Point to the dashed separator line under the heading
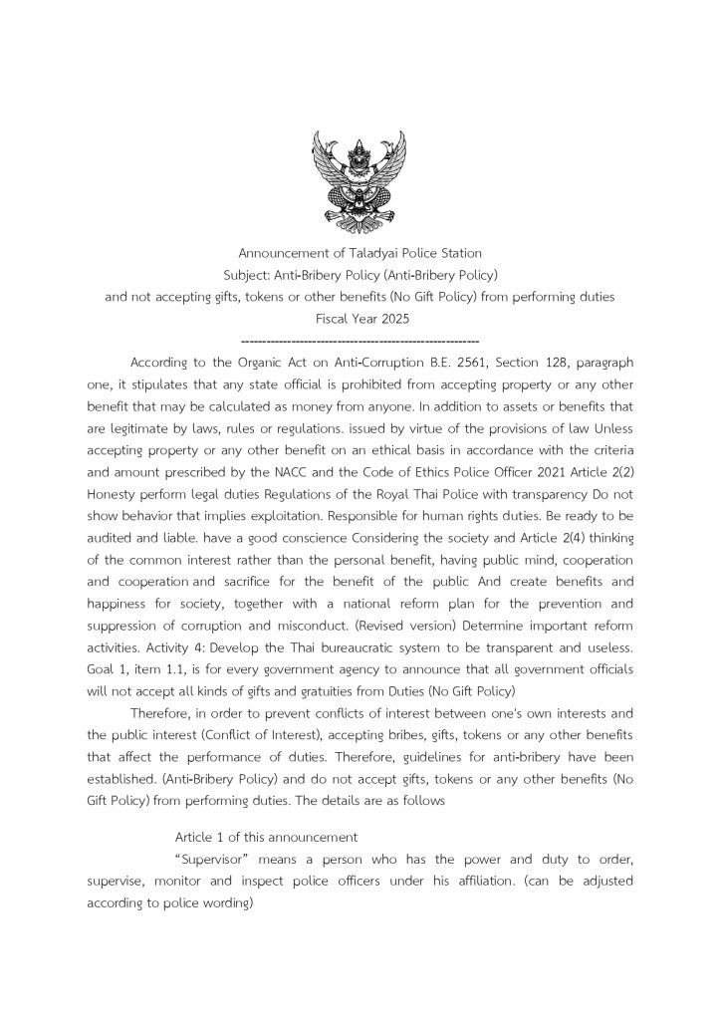(x=360, y=340)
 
